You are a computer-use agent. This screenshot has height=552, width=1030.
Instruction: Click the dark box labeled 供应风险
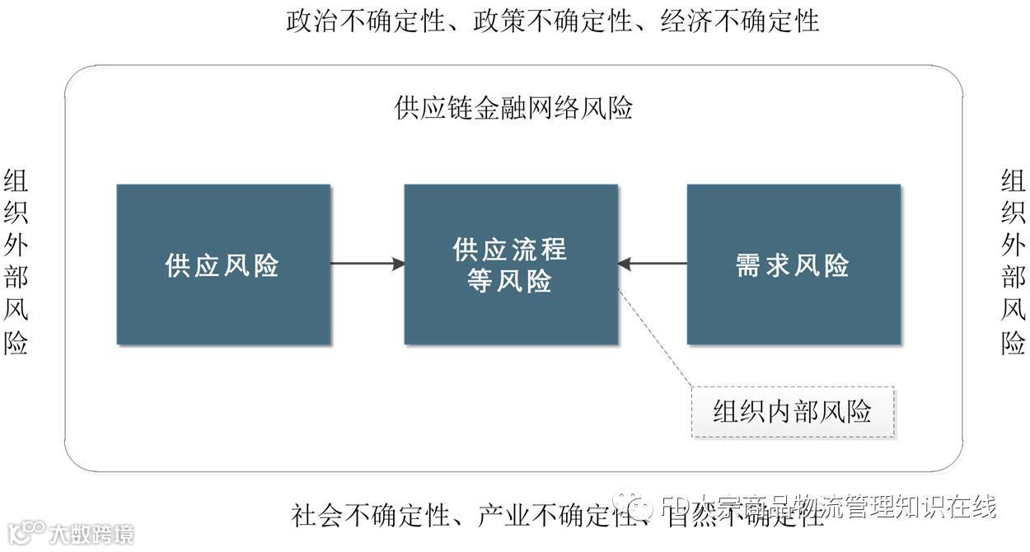coord(223,264)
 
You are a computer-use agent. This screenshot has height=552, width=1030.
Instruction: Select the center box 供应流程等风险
coord(511,264)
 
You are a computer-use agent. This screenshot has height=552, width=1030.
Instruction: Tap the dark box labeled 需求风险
coord(794,264)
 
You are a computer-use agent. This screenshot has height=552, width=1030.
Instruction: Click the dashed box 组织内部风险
coord(793,412)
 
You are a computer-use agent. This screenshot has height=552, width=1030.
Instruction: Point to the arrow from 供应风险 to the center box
coord(368,264)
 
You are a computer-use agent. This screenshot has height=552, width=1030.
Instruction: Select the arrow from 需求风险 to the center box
coord(653,264)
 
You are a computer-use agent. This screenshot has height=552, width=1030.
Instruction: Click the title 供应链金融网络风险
coord(514,109)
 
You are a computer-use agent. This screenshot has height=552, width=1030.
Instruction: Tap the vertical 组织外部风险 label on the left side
coord(16,262)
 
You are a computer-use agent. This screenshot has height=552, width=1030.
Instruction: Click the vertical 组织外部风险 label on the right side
coord(1014,262)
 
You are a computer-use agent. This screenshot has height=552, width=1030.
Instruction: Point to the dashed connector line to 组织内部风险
coord(655,338)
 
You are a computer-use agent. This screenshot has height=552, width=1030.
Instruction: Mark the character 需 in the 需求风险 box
coord(748,265)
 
